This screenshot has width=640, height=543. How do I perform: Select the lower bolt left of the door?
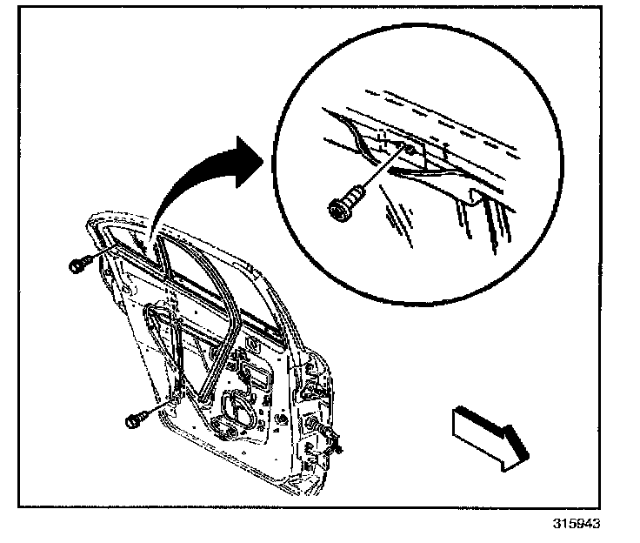[135, 421]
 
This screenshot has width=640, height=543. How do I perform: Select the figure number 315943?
[577, 524]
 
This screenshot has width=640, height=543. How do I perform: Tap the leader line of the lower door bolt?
[157, 408]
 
